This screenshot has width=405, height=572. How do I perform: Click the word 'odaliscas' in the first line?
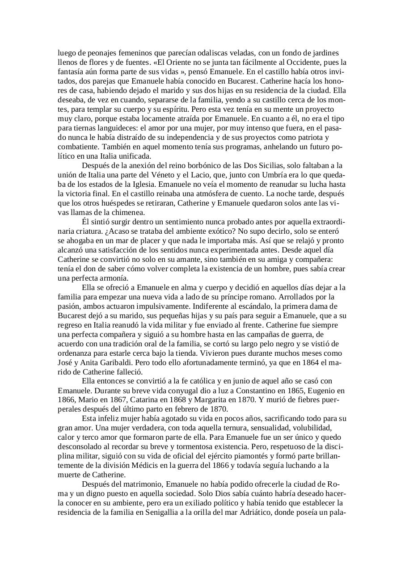(215, 53)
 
